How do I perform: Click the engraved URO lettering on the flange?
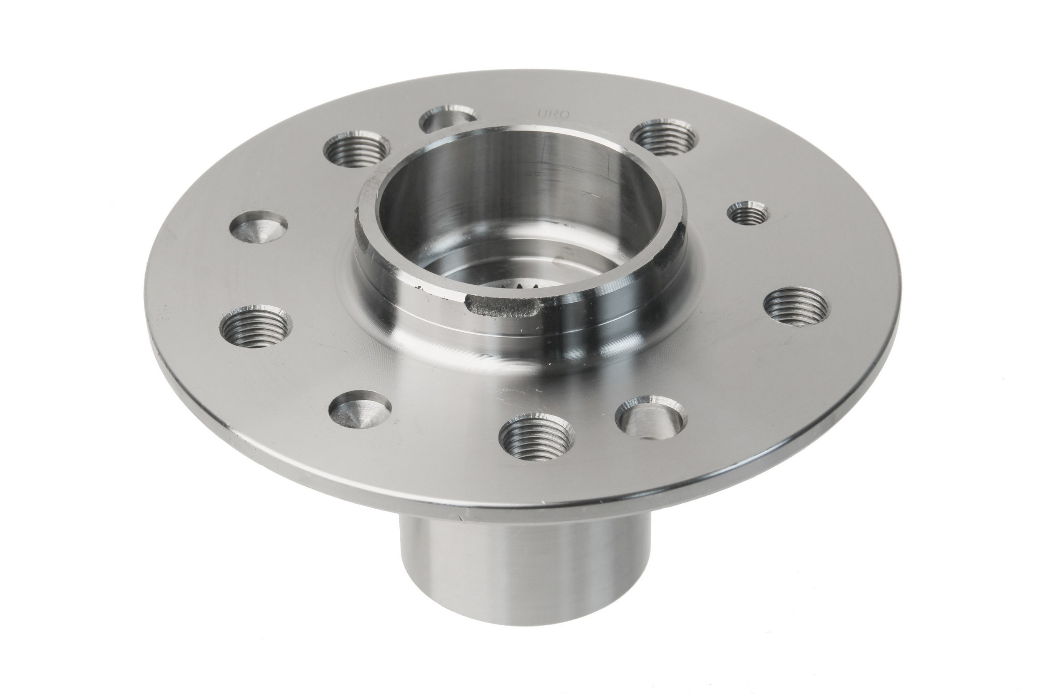(x=553, y=113)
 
